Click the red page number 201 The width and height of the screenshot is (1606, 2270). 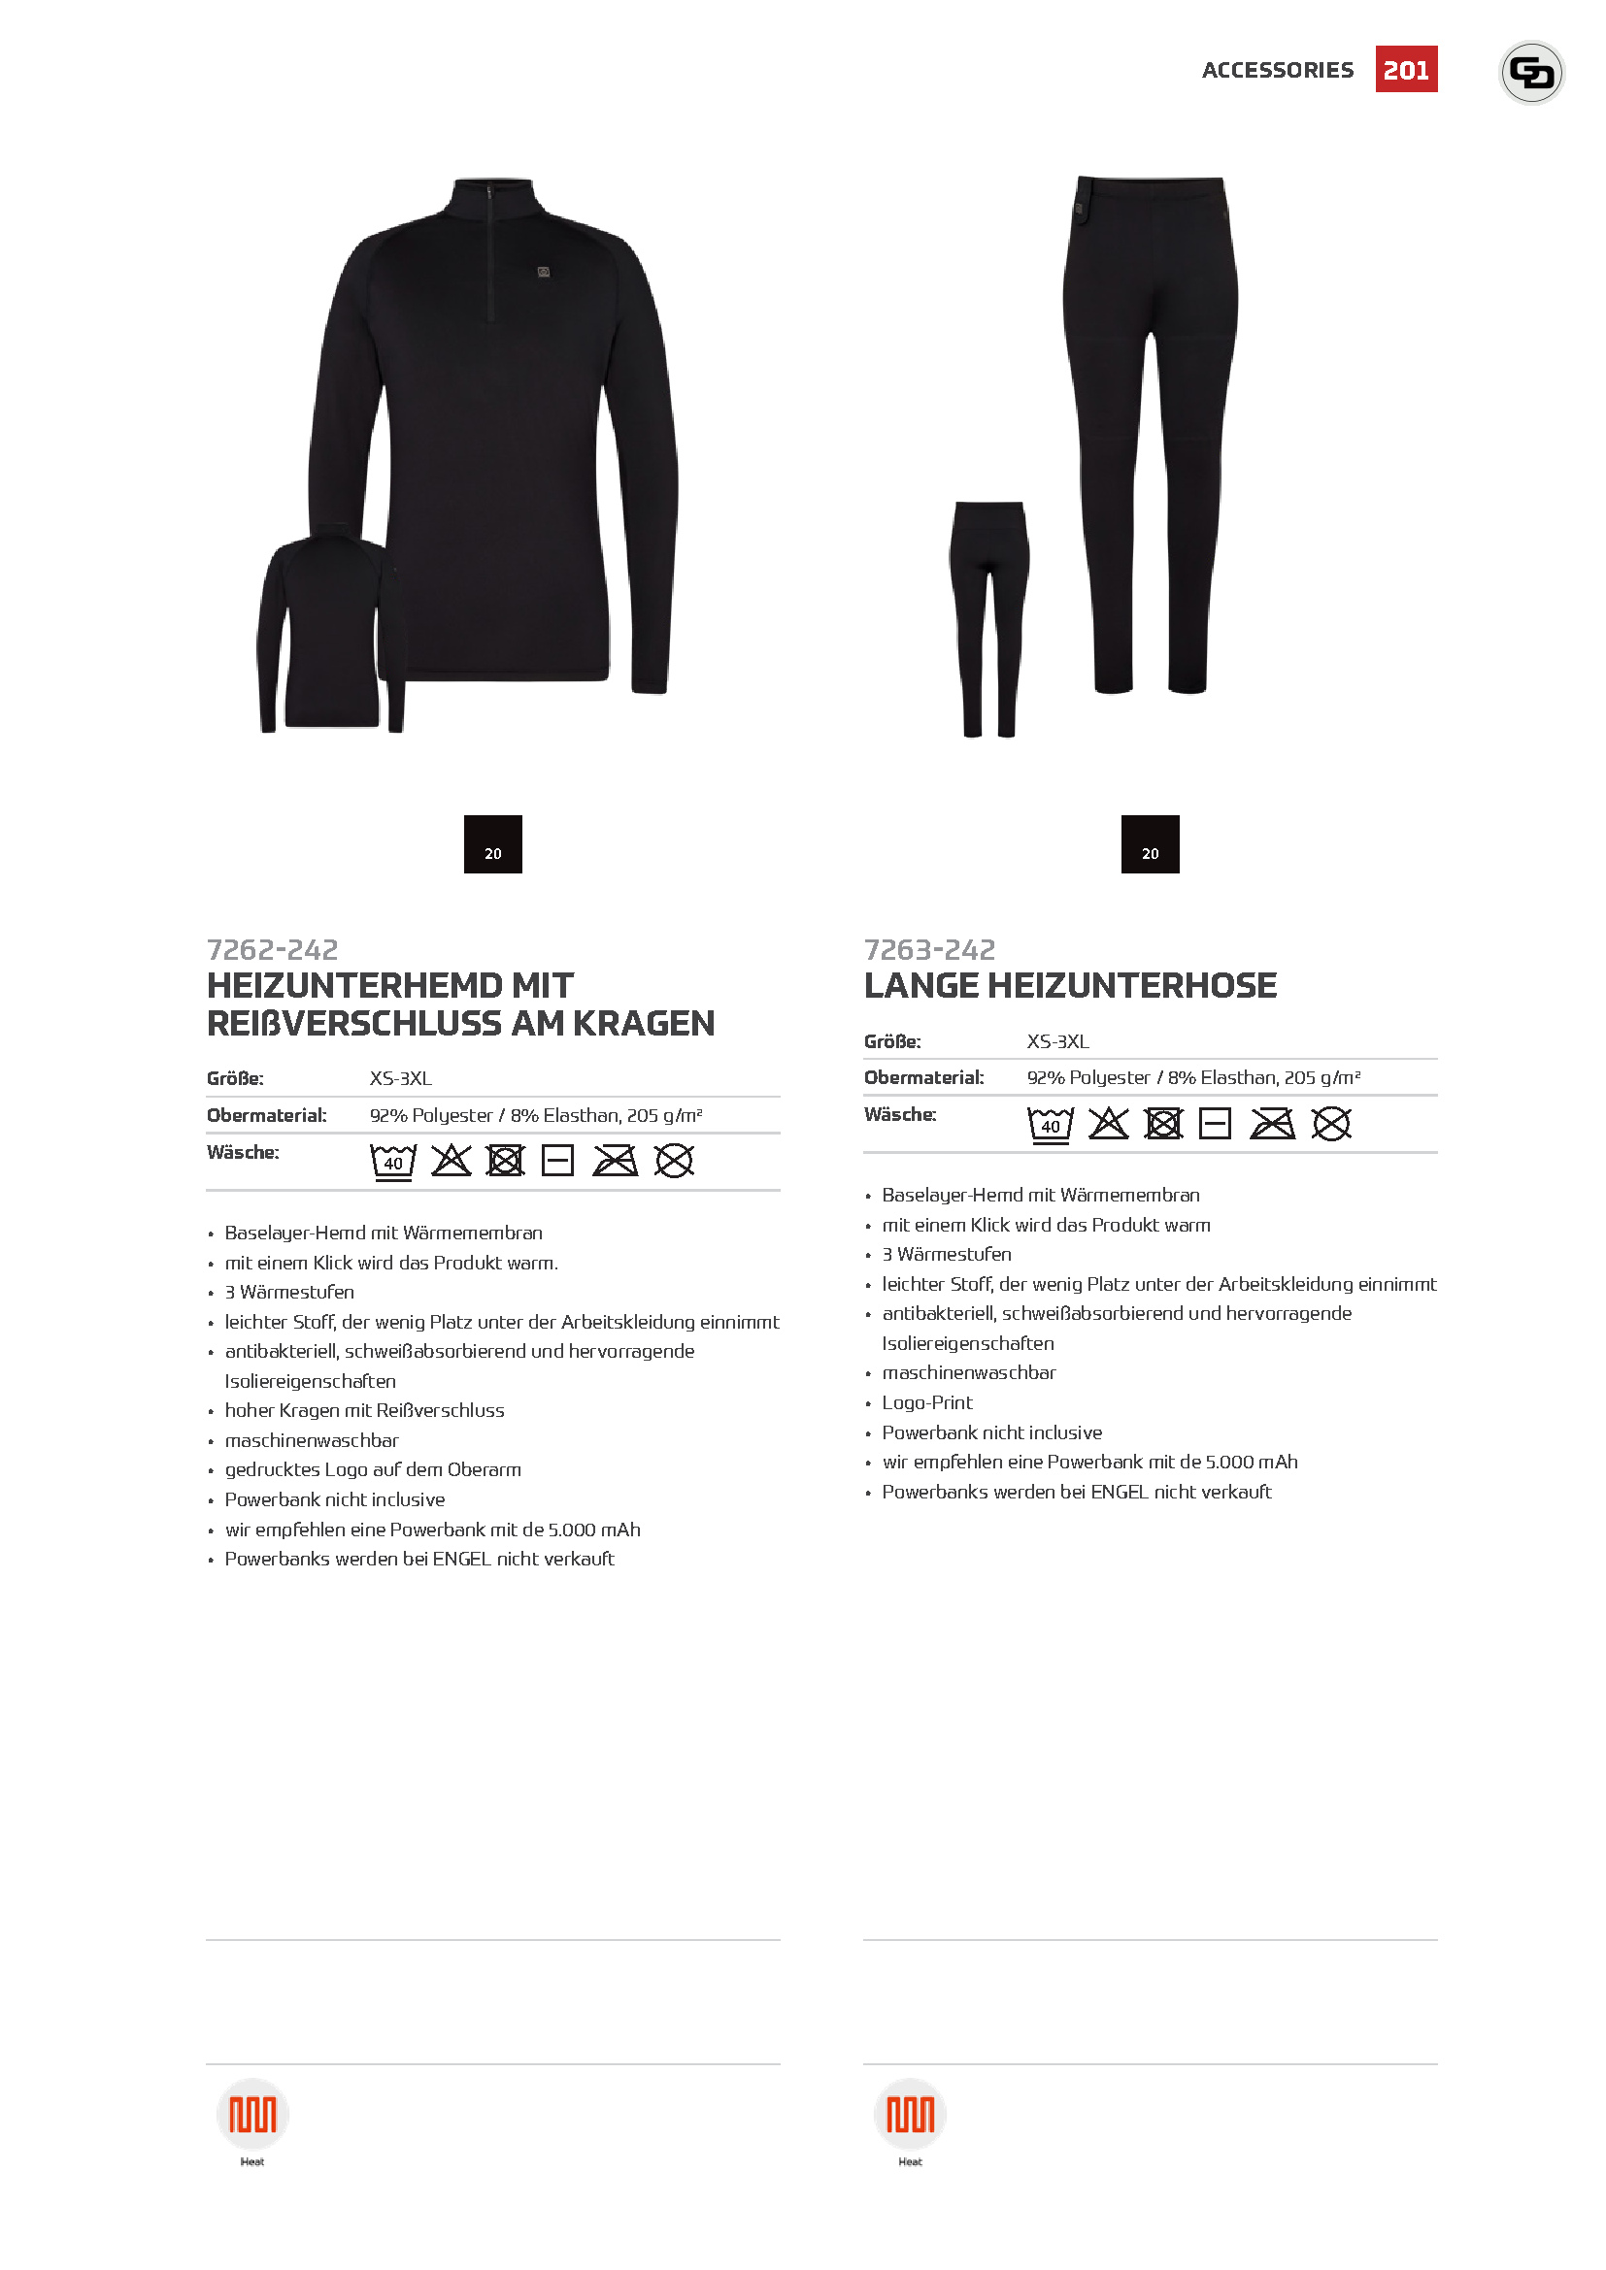[1405, 69]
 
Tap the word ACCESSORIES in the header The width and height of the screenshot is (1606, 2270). [1277, 70]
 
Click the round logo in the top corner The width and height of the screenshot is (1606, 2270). [1531, 72]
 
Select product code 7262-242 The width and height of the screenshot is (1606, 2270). [272, 949]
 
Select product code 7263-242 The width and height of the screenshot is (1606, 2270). [928, 949]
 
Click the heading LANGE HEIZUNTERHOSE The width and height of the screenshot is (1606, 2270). [1070, 986]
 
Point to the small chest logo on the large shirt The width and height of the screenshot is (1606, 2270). [543, 272]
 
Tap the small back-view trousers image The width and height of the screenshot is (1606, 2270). [988, 618]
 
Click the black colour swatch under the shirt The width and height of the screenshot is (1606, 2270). [492, 843]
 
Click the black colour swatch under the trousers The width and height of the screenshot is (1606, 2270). [1149, 843]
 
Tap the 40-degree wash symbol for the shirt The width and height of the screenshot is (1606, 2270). [392, 1161]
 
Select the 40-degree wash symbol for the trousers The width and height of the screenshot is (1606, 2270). [1050, 1124]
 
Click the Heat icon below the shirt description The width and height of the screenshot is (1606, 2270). [252, 2115]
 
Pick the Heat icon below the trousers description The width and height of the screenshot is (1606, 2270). [910, 2115]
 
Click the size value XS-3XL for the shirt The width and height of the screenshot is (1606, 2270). [400, 1078]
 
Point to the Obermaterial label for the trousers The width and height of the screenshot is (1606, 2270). [923, 1077]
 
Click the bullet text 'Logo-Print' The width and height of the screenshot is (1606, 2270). [926, 1403]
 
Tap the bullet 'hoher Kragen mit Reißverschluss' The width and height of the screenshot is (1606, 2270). [364, 1411]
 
